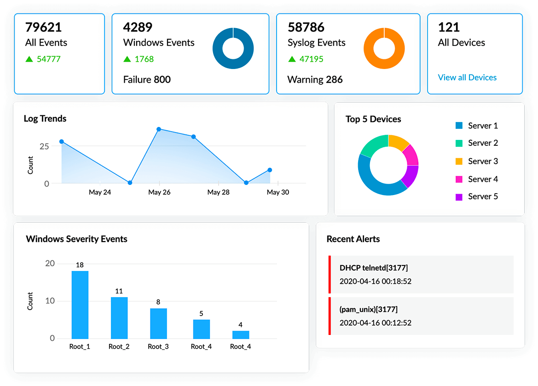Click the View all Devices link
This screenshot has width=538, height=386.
pos(467,77)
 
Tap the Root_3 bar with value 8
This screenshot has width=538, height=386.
pos(158,323)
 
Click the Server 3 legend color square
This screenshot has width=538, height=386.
pos(459,161)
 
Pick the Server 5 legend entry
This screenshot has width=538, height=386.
pos(482,196)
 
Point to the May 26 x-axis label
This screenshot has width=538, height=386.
pos(159,192)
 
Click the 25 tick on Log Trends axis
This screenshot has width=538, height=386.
pos(44,146)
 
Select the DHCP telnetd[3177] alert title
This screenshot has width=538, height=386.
pos(373,267)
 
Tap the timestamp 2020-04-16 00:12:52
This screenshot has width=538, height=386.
pos(375,323)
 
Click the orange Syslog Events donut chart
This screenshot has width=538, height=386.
pos(384,49)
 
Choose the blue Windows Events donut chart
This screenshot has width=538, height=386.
pos(233,49)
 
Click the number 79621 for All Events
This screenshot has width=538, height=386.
pos(43,27)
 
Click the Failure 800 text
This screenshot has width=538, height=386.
pos(147,80)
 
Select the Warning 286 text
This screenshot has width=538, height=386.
pos(315,80)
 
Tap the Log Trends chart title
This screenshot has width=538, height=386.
pos(45,119)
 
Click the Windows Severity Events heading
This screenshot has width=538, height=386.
pos(76,239)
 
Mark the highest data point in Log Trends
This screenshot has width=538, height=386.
pos(159,129)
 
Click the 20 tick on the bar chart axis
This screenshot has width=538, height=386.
pos(50,264)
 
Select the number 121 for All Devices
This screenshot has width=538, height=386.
pos(449,27)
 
